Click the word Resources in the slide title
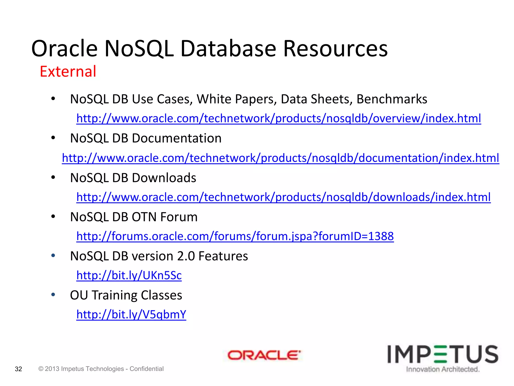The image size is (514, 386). point(335,49)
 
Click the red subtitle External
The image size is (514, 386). point(68,71)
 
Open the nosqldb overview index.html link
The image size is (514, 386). point(279,118)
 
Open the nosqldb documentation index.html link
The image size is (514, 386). point(280,158)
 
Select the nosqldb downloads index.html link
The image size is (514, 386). point(283,197)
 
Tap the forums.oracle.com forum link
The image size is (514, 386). point(235,236)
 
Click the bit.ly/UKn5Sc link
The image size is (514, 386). point(129,275)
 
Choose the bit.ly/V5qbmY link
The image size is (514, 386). point(131,314)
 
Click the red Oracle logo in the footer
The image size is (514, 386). point(264,355)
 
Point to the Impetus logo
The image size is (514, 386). point(443,354)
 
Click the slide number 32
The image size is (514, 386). point(19,369)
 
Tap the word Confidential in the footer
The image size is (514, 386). point(147,369)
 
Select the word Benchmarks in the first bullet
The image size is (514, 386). point(392,99)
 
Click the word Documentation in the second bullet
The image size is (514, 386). point(177,138)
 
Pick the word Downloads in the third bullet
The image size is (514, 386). point(164,178)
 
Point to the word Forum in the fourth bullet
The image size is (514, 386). point(179,217)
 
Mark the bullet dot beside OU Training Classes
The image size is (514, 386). point(53,295)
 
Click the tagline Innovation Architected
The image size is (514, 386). point(443,369)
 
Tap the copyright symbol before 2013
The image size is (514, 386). point(41,369)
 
